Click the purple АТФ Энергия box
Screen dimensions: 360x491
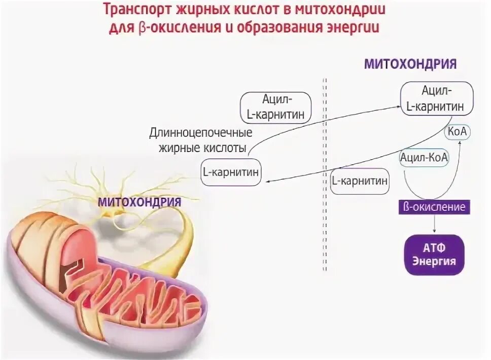point(434,255)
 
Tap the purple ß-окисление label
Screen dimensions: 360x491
point(434,207)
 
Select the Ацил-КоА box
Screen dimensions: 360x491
point(424,158)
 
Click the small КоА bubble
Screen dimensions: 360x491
point(458,132)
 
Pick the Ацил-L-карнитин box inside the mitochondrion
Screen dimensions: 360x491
point(437,98)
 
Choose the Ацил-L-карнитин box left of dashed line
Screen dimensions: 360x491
point(275,107)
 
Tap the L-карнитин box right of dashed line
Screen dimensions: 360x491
point(360,181)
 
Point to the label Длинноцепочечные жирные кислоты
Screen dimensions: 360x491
point(200,140)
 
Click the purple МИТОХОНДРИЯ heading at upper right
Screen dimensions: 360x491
point(410,64)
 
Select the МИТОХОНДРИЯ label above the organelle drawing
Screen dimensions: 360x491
point(139,201)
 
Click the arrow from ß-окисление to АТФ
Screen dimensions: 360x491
point(434,223)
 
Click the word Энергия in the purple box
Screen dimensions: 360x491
point(434,262)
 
